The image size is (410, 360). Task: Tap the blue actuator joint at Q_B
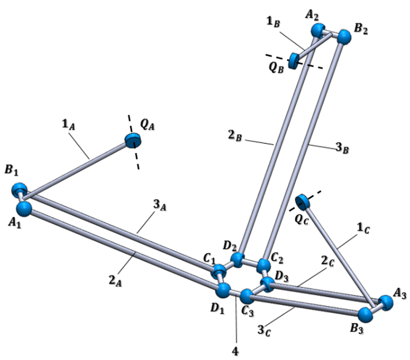(294, 58)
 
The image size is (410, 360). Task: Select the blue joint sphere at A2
(319, 29)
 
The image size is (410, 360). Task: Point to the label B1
(11, 171)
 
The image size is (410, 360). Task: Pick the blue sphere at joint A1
(23, 209)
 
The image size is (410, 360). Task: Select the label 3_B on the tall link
(344, 149)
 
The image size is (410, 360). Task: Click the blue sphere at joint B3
(366, 314)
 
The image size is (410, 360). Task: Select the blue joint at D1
(223, 290)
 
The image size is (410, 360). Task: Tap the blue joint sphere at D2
(238, 259)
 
